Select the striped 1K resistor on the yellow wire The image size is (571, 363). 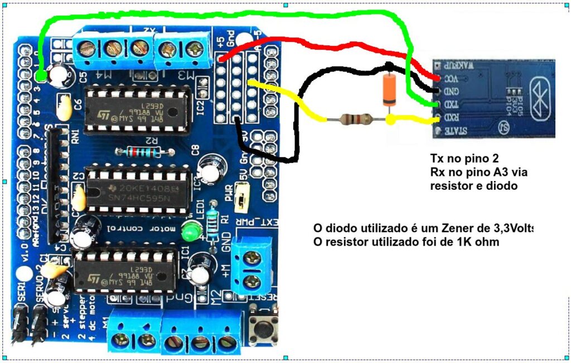(357, 119)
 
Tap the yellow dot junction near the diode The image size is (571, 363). (391, 119)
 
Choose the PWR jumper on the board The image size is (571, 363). (242, 199)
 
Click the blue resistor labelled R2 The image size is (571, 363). (140, 151)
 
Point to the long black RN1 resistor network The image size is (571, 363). (55, 184)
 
